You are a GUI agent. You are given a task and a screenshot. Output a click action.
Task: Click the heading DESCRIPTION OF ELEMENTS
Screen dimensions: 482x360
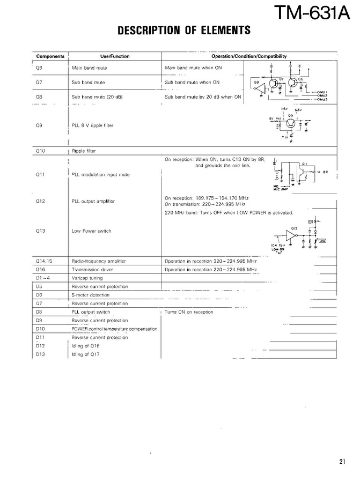click(x=184, y=31)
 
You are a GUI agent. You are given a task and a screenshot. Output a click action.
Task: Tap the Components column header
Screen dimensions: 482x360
click(x=50, y=56)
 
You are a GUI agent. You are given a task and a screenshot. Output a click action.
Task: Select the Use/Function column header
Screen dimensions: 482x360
click(x=115, y=56)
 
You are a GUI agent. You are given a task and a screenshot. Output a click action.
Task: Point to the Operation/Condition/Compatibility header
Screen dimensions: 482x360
click(x=248, y=56)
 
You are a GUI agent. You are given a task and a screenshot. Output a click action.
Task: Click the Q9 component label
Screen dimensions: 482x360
click(x=39, y=125)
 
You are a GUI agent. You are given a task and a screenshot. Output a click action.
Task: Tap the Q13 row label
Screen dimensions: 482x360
click(x=40, y=231)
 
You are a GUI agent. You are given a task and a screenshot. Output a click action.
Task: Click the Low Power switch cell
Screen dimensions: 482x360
click(x=91, y=231)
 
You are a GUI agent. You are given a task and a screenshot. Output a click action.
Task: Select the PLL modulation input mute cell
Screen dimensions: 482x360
click(x=100, y=174)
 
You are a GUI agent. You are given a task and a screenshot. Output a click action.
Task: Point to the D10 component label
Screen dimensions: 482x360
click(x=40, y=329)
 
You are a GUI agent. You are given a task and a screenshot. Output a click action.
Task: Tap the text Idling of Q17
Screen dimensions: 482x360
click(x=86, y=354)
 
